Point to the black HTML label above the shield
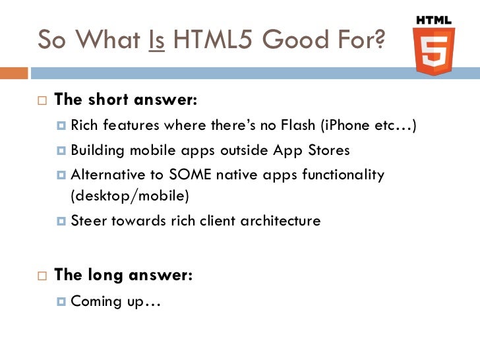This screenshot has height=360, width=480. coord(434,20)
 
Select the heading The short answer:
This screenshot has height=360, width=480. coord(125,100)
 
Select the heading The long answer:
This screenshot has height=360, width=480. coord(123,276)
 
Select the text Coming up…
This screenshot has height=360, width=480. coord(116,301)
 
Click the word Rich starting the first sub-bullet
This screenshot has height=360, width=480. coord(82,126)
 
